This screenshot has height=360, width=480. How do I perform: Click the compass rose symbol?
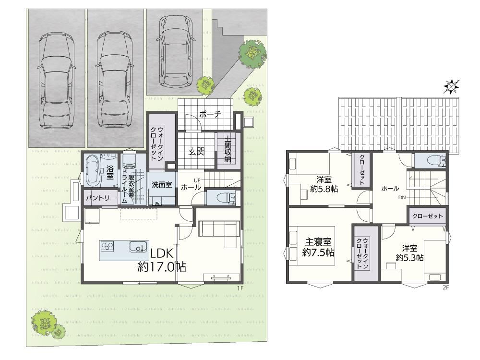tap(451, 86)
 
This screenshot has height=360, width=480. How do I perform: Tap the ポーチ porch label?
tap(210, 115)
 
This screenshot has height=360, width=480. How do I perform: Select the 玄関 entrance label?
tap(196, 151)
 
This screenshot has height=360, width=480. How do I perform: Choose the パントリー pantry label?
tap(101, 198)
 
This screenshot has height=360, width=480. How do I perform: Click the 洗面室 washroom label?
tap(162, 185)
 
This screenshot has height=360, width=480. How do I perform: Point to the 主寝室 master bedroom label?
tap(318, 242)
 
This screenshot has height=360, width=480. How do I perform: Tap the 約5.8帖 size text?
tap(324, 189)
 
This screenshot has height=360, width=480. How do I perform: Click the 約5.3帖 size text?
tap(409, 257)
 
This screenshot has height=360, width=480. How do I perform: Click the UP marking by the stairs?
tap(197, 180)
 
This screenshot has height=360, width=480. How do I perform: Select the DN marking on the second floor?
tap(402, 197)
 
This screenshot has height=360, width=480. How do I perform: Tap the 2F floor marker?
tap(445, 288)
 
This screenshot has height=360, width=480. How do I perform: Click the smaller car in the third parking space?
tap(175, 51)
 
